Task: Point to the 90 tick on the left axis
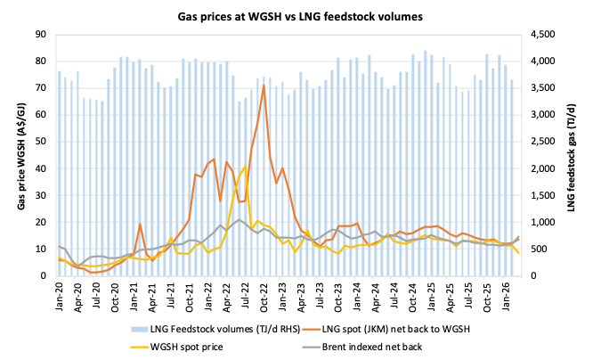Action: point(41,34)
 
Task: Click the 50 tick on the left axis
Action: point(41,142)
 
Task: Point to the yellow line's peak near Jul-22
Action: point(245,167)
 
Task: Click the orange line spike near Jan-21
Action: point(141,224)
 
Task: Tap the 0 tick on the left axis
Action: point(44,276)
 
